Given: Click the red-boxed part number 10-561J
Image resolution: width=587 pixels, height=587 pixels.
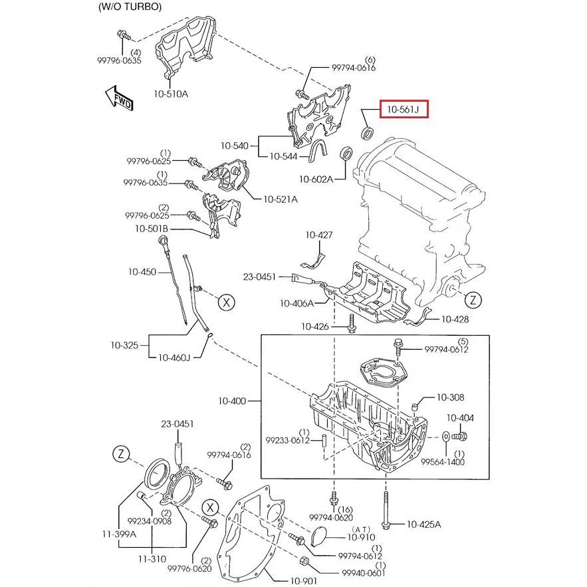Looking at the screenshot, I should [404, 110].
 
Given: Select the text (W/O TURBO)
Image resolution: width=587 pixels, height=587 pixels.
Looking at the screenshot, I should [130, 7].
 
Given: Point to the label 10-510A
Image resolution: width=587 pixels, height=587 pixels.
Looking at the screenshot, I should [171, 94].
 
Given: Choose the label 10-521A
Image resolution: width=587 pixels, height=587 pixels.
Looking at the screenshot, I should [281, 199].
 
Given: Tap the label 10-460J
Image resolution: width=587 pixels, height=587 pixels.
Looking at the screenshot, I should [174, 358].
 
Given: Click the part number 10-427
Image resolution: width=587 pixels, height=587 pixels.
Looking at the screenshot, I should [319, 235].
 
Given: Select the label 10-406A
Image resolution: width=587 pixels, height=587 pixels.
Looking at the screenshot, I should [296, 303].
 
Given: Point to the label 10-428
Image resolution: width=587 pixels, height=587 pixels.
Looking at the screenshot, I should [455, 320].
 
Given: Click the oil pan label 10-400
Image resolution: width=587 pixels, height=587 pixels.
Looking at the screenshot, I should [232, 401].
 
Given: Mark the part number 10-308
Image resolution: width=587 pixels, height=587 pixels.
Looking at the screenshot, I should [450, 398].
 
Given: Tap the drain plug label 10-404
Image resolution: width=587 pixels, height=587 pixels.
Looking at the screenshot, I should [459, 418].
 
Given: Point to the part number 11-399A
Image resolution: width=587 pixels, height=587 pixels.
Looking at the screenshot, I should [120, 533].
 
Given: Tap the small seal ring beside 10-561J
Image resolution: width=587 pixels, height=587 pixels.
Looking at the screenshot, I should [366, 134].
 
